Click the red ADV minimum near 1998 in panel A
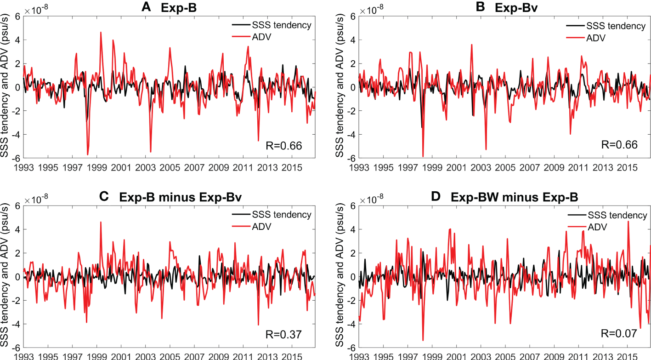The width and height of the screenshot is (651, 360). tap(87, 154)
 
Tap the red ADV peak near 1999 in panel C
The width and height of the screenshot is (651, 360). tap(101, 222)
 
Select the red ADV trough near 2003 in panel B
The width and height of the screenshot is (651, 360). tap(486, 149)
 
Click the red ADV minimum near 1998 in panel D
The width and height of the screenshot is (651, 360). tap(423, 340)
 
